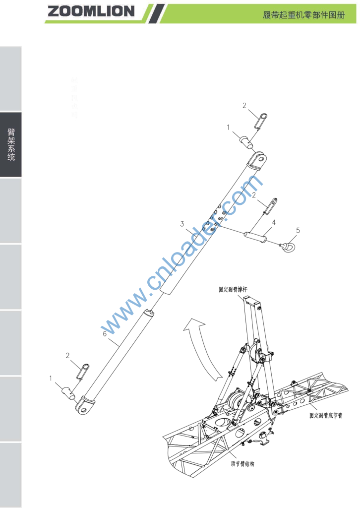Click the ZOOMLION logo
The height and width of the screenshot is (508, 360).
tap(91, 11)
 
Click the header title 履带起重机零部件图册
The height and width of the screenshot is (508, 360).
tap(303, 15)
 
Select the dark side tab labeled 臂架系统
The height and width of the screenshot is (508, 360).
tap(11, 144)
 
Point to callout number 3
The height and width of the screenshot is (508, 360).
tap(182, 224)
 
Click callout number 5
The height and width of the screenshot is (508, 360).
tap(298, 230)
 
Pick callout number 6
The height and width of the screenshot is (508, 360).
tap(105, 334)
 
